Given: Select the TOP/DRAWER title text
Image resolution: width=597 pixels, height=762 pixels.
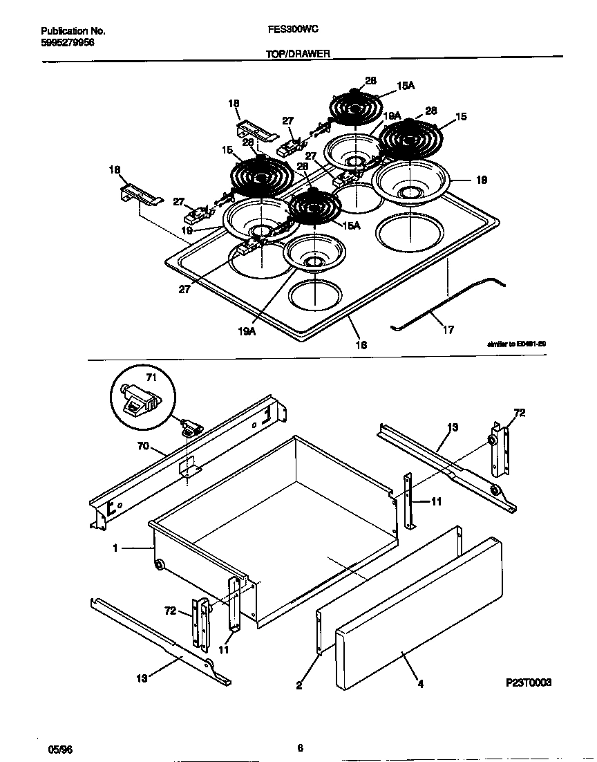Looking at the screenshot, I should point(297,53).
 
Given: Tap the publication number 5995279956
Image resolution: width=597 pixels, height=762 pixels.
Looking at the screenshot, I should point(68,41).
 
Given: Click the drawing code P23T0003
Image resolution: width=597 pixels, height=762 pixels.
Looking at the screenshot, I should point(529,682).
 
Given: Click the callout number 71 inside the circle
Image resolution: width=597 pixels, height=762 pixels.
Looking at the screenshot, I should point(151,378).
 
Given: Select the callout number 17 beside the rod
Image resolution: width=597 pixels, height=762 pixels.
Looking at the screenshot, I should point(448,331).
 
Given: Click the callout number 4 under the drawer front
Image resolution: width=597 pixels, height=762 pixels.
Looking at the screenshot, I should point(420,685).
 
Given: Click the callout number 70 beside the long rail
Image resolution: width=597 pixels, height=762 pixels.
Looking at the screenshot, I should point(142,447).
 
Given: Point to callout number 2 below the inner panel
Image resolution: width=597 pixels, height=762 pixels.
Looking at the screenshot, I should point(298,685).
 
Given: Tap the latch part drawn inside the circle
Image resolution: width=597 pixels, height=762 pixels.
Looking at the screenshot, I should point(140,401).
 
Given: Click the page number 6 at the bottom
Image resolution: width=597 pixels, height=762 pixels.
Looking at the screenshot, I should point(300,747).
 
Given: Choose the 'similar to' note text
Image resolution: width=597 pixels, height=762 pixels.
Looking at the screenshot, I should point(517,344).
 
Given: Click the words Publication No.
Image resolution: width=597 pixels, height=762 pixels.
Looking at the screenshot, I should point(73,31).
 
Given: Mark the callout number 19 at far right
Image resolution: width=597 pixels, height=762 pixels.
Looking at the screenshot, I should point(482,180).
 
